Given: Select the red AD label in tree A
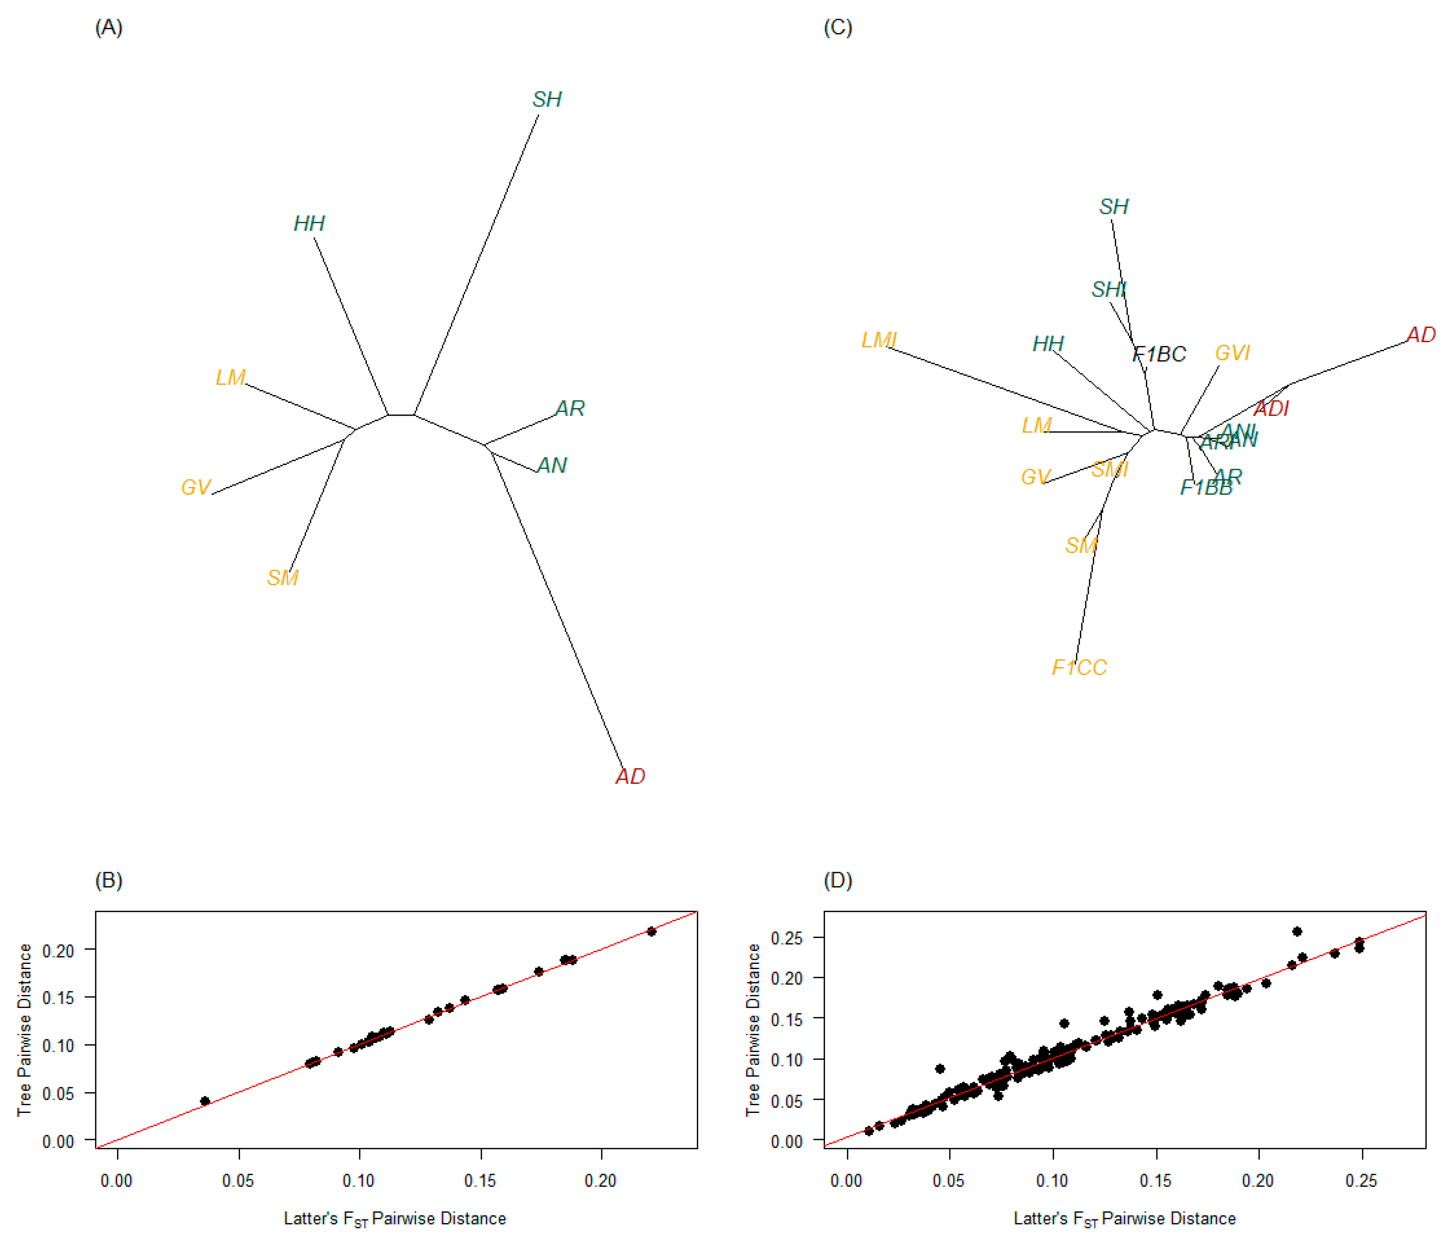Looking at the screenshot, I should (x=630, y=777).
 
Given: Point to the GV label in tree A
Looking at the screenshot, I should (x=196, y=487).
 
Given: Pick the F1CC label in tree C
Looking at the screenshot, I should (x=1079, y=668).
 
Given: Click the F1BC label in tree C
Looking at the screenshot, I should (x=1159, y=355).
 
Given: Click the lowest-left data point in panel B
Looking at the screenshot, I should (x=205, y=1101).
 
